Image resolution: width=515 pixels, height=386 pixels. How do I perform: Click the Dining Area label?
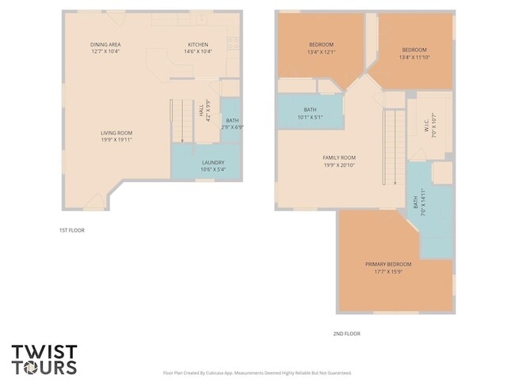click(x=105, y=44)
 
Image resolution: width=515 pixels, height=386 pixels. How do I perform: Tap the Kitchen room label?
click(x=197, y=44)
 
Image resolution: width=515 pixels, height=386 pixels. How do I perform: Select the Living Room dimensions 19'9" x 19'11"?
click(x=116, y=140)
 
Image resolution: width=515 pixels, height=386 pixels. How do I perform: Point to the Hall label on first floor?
click(x=201, y=115)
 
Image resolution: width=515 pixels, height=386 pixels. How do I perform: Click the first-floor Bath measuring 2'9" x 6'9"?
click(x=232, y=123)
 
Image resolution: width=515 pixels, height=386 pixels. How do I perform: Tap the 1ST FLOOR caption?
click(x=71, y=230)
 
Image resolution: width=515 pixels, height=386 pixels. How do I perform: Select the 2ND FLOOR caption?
click(x=346, y=334)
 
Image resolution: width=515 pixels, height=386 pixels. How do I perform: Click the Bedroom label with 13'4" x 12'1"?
click(x=321, y=44)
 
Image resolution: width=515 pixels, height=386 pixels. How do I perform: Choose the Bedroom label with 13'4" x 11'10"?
click(x=413, y=50)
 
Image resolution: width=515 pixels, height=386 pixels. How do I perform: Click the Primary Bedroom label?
click(x=388, y=264)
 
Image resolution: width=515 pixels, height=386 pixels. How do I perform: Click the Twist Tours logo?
click(x=44, y=358)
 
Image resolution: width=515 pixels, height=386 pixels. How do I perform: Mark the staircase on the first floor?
click(x=182, y=120)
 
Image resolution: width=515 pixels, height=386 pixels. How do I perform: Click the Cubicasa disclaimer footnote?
click(x=257, y=373)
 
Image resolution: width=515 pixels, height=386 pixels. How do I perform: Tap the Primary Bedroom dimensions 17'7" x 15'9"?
click(x=388, y=272)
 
